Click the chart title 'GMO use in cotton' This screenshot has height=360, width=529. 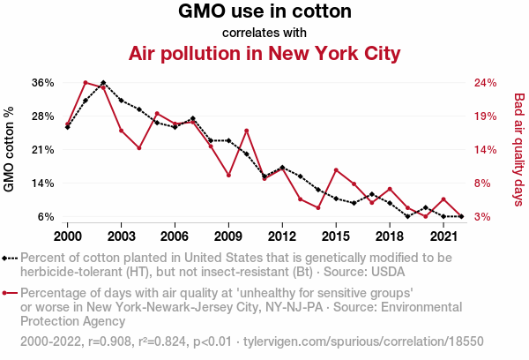tap(264, 12)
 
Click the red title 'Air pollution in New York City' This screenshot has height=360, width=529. tap(264, 54)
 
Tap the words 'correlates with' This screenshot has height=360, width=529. tap(264, 33)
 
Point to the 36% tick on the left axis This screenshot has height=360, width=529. tap(43, 83)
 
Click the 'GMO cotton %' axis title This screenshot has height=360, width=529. tap(10, 150)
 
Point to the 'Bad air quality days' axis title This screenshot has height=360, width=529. tap(519, 150)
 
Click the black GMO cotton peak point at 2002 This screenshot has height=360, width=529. tap(103, 83)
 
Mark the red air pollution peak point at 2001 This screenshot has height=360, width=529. tap(86, 82)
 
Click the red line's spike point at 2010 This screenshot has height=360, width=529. tap(247, 131)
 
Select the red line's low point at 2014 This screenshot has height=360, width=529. tap(318, 207)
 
